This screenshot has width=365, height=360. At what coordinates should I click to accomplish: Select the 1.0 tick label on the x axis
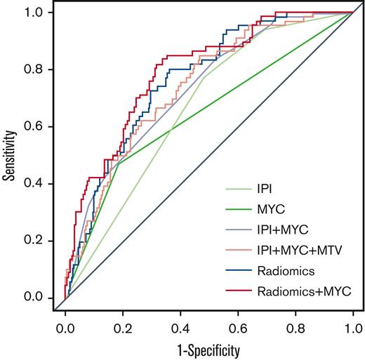coord(352,326)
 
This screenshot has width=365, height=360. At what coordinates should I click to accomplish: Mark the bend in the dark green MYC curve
coord(117,164)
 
